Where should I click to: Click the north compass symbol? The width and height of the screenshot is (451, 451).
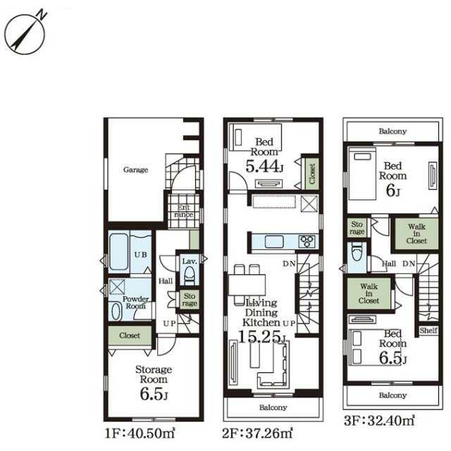pyautogui.click(x=25, y=33)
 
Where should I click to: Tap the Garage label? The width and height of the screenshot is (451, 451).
pyautogui.click(x=135, y=170)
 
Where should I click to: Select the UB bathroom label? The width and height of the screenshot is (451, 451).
pyautogui.click(x=141, y=254)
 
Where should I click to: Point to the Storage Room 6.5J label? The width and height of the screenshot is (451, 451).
pyautogui.click(x=154, y=383)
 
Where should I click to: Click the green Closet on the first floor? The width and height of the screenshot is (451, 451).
pyautogui.click(x=130, y=335)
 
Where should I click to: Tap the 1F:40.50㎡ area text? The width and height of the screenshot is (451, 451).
pyautogui.click(x=140, y=433)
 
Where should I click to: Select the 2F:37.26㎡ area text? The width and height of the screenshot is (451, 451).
pyautogui.click(x=257, y=433)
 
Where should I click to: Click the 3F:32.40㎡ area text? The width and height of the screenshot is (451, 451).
pyautogui.click(x=379, y=421)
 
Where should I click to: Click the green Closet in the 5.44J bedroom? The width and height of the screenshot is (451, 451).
pyautogui.click(x=312, y=174)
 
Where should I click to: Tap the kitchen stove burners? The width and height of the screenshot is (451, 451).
pyautogui.click(x=307, y=241)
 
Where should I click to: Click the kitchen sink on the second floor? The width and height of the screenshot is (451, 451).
pyautogui.click(x=274, y=241)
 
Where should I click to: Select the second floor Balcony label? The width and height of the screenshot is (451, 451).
pyautogui.click(x=273, y=407)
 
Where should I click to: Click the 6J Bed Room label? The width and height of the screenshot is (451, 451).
pyautogui.click(x=393, y=179)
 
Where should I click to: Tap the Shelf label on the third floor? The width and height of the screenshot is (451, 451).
pyautogui.click(x=428, y=330)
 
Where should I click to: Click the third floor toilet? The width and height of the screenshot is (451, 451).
pyautogui.click(x=357, y=253)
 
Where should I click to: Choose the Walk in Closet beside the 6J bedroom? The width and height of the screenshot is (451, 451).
pyautogui.click(x=416, y=233)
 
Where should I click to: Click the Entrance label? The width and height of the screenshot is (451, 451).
pyautogui.click(x=183, y=211)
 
